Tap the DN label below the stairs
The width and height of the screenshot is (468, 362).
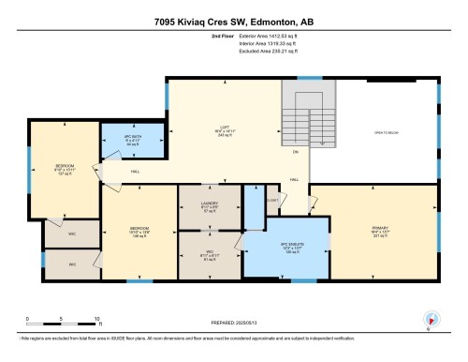(295, 151)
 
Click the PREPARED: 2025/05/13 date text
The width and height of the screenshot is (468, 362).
(234, 322)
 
